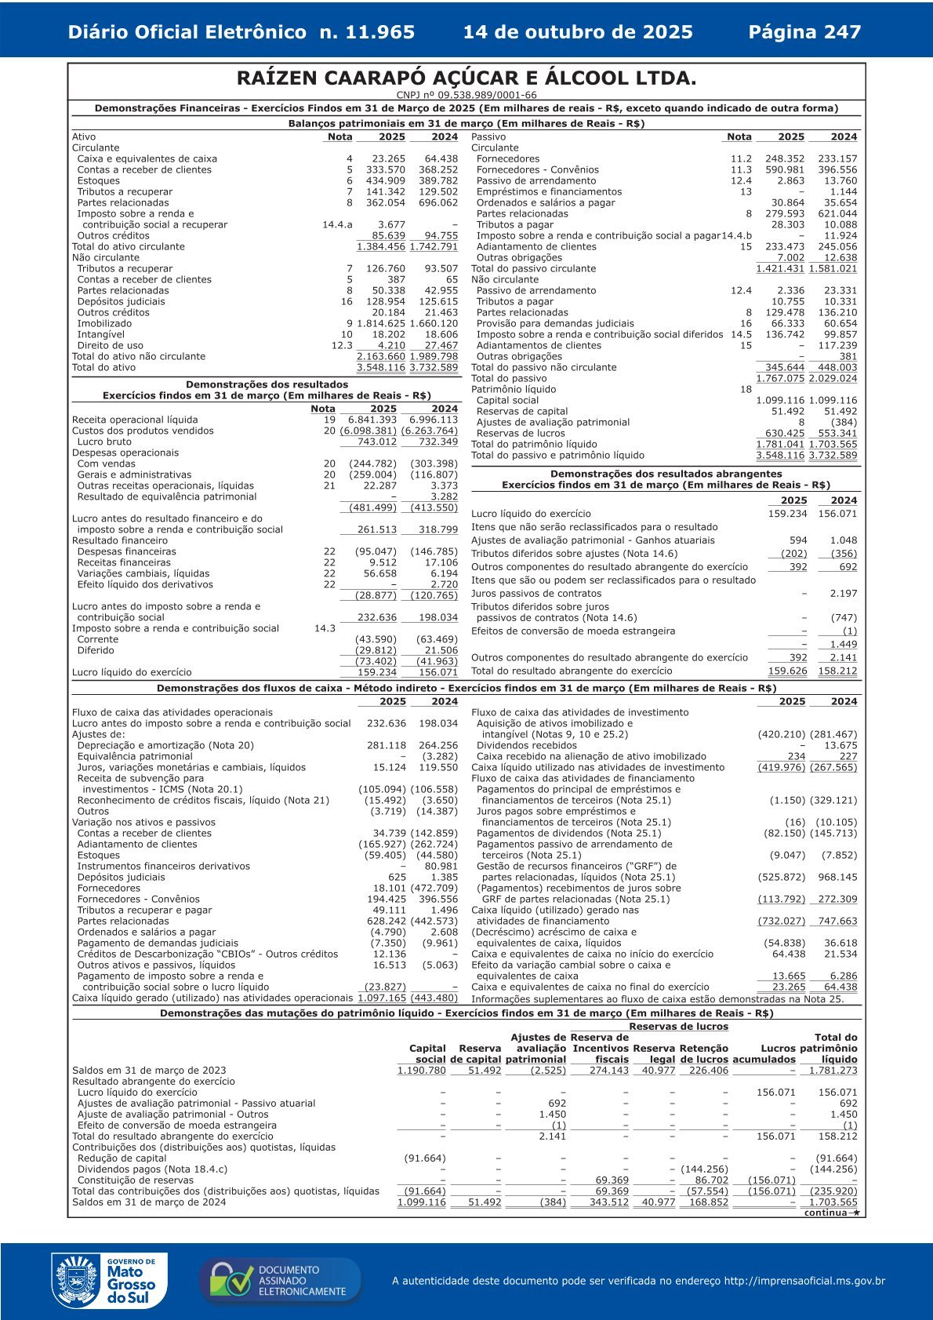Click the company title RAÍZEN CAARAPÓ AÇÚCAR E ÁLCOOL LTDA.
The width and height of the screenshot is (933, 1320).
(x=466, y=78)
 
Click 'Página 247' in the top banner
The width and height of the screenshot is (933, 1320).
(x=804, y=32)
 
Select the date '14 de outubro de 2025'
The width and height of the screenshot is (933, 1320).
(x=578, y=32)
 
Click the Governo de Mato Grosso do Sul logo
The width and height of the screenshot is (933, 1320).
(x=105, y=1281)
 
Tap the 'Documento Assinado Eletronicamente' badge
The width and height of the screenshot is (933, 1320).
(x=280, y=1281)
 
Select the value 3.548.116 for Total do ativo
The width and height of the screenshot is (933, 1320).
(x=381, y=367)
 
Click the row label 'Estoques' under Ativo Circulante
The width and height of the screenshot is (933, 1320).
(x=99, y=180)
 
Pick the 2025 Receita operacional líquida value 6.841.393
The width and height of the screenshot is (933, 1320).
(x=372, y=420)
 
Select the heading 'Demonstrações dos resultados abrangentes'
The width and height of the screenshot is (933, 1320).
(x=666, y=474)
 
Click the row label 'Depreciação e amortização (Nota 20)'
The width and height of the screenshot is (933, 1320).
(x=165, y=745)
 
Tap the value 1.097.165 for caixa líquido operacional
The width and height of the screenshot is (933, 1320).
(x=382, y=998)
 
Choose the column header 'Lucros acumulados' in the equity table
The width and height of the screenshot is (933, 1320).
(x=764, y=1053)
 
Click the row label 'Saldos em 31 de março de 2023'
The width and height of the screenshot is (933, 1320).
(x=149, y=1070)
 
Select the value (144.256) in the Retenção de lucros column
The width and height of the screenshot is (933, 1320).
(x=704, y=1169)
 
